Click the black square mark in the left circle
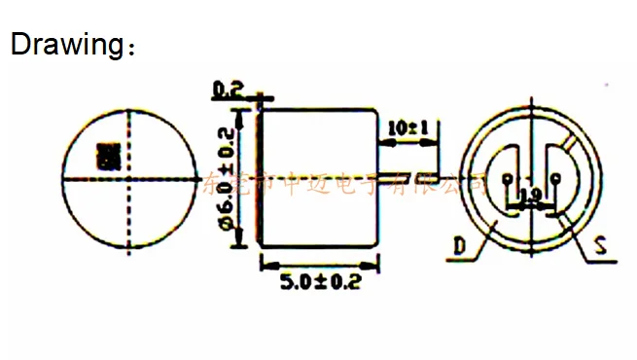coord(106,156)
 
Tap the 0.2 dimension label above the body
coord(227,90)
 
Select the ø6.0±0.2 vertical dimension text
coord(228,180)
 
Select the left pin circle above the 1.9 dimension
coord(509,179)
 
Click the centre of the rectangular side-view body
coord(319,175)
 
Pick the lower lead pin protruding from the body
coord(408,179)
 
